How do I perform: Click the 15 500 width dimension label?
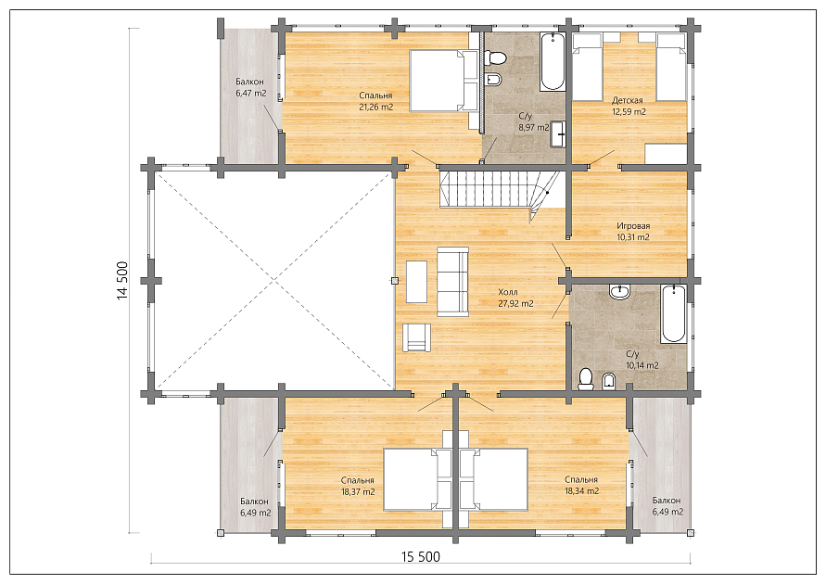420,556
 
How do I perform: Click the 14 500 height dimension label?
122,280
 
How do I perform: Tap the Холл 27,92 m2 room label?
515,298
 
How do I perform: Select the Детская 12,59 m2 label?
629,106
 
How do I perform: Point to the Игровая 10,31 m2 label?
633,231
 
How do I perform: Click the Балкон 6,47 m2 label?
250,87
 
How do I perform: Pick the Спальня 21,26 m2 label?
375,101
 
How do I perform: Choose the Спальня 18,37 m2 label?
358,486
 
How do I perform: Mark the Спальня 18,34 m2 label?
581,486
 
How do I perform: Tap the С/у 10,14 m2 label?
642,360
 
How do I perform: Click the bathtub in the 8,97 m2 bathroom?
553,61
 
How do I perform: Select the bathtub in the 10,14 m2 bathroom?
674,314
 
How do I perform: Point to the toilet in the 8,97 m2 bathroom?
495,57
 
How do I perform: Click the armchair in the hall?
416,337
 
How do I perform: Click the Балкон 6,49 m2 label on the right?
667,505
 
